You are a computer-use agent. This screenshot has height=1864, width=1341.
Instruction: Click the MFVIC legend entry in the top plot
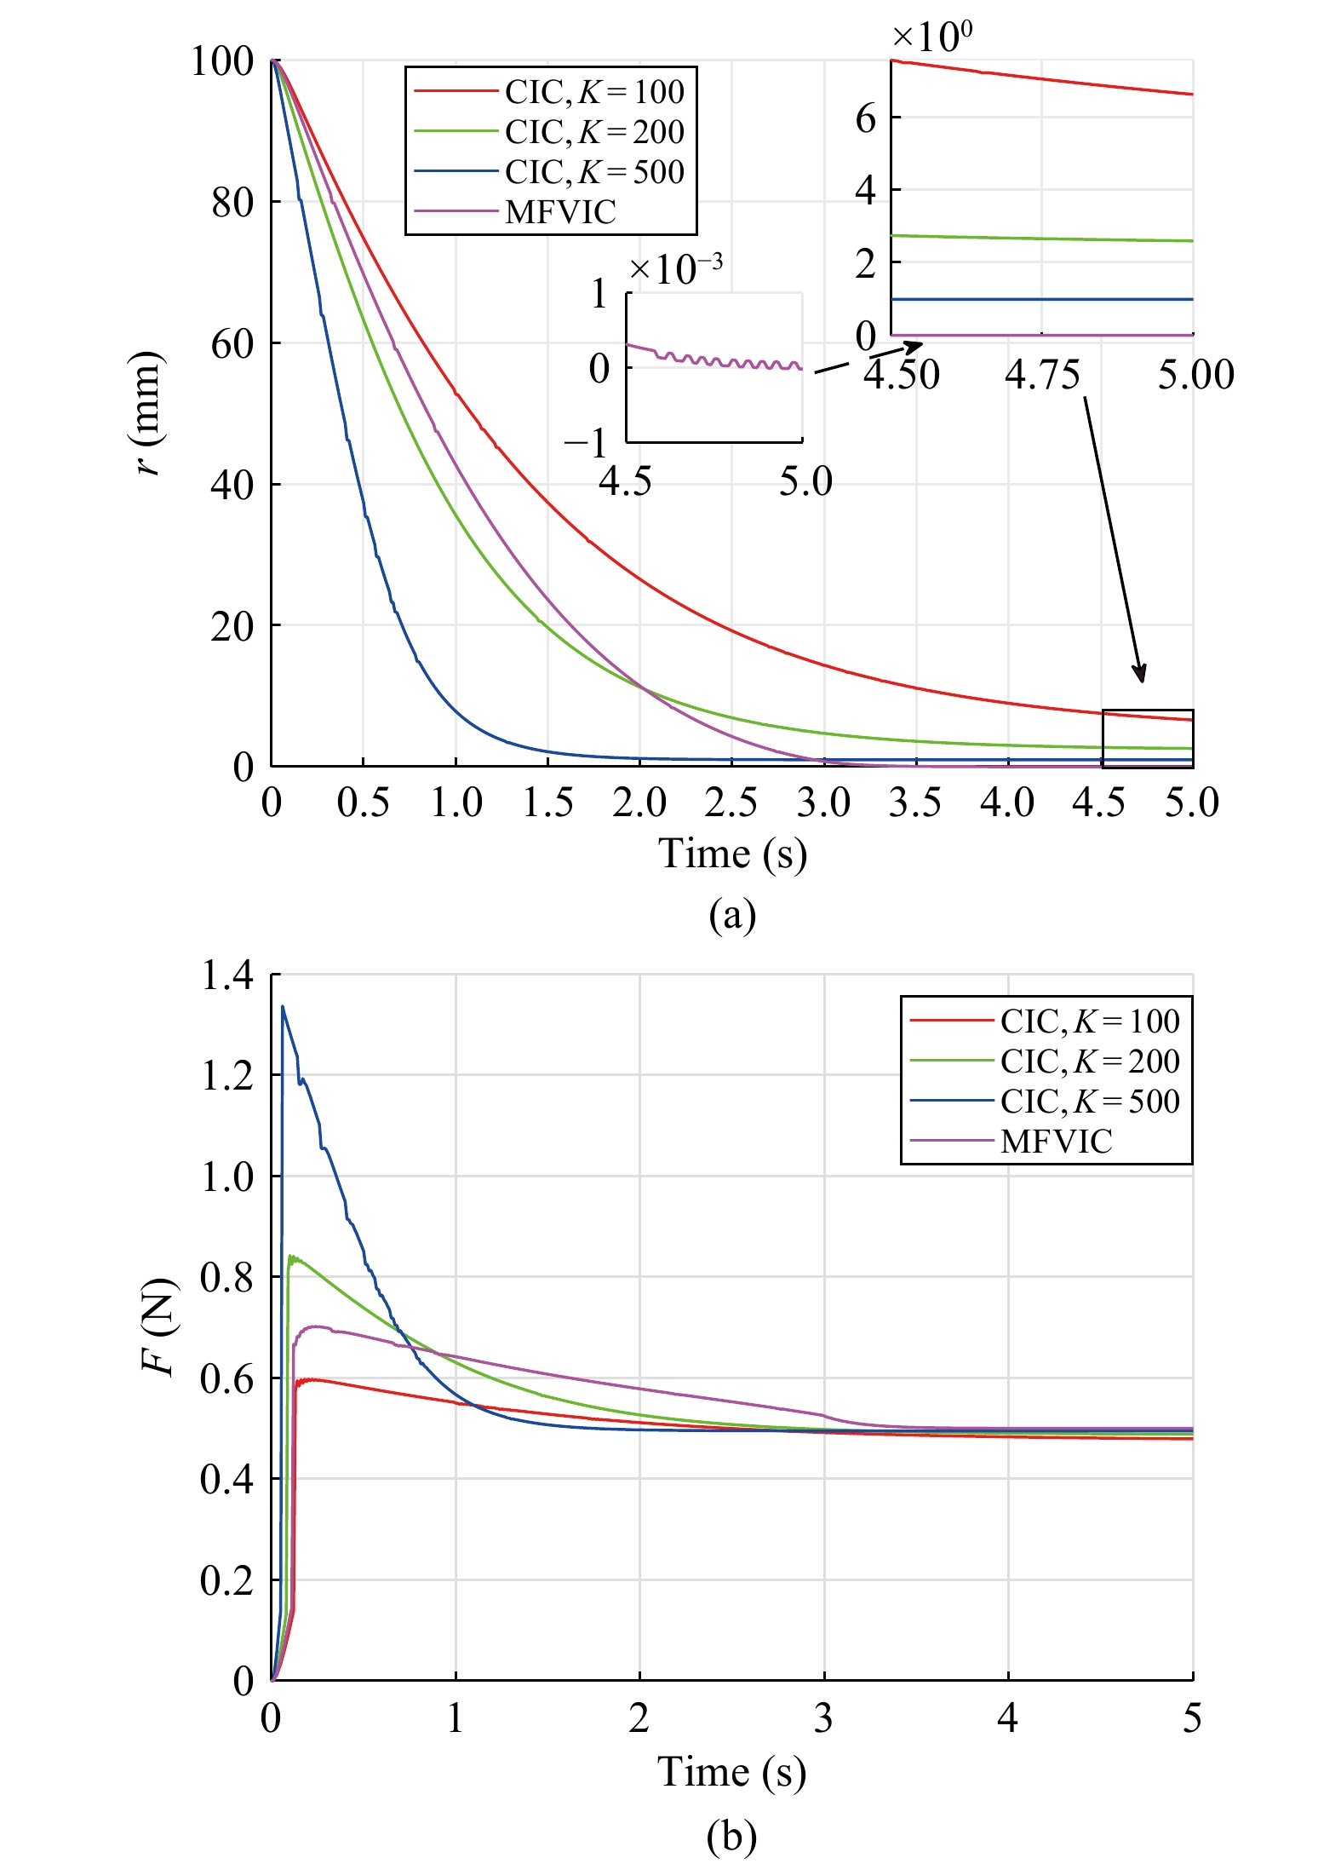[559, 212]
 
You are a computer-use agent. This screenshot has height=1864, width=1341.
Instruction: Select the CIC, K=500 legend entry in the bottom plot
[1089, 1102]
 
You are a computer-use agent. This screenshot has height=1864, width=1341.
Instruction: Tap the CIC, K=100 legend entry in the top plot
[593, 92]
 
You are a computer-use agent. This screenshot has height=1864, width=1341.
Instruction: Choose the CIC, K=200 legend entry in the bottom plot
[1089, 1061]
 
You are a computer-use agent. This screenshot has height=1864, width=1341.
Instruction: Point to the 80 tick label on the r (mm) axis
[232, 203]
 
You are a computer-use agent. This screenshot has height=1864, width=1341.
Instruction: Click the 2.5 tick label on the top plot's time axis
[731, 803]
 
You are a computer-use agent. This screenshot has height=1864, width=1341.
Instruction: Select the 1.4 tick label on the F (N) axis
[226, 975]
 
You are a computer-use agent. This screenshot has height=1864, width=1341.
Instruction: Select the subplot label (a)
[732, 915]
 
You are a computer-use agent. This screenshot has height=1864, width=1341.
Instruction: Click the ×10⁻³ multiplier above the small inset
[676, 269]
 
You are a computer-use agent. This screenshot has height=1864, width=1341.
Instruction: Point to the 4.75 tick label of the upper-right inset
[1042, 375]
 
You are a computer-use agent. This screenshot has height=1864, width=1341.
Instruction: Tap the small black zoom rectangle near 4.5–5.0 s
[1147, 738]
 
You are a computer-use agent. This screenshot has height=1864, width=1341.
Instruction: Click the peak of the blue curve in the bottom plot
[283, 1007]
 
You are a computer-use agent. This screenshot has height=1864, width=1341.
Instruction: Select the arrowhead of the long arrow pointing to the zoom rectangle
[1141, 674]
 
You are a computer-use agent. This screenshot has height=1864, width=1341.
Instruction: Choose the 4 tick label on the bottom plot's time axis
[1008, 1718]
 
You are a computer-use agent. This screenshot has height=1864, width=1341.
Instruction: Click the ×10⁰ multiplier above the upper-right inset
[931, 36]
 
